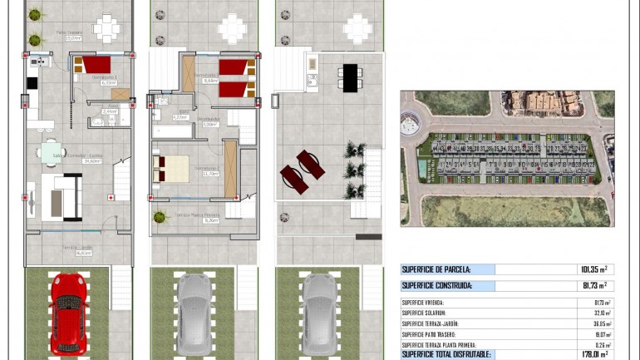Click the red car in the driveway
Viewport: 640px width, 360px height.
[68, 313]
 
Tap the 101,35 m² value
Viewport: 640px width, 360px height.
[593, 269]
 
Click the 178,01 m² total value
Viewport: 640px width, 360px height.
[592, 354]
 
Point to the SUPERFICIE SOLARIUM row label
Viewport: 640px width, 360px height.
[430, 313]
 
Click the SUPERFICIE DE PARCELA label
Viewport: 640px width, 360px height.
[436, 269]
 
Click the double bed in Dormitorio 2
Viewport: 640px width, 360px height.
[171, 168]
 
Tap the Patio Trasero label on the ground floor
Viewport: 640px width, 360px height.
[69, 34]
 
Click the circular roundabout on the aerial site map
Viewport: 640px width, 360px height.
[411, 125]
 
